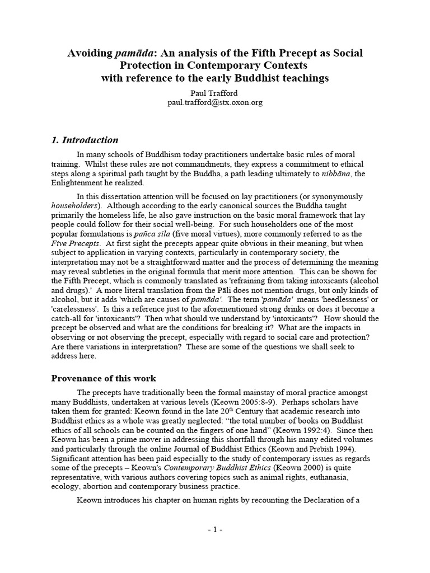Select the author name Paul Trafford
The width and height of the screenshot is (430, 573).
(x=215, y=93)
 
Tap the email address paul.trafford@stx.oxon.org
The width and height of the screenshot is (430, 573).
(x=215, y=103)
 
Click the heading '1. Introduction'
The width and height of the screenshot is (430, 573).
(x=84, y=140)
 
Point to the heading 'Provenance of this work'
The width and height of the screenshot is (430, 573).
(x=104, y=378)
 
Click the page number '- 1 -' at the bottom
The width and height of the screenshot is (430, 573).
(x=214, y=529)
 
